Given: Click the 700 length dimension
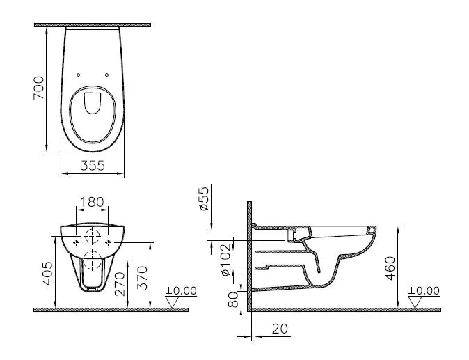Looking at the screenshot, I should click(x=40, y=88).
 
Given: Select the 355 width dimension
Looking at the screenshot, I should click(x=92, y=165).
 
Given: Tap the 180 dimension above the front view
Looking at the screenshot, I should click(x=92, y=202).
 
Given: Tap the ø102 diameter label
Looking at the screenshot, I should click(x=225, y=254).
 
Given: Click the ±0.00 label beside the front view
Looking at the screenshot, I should click(x=181, y=290).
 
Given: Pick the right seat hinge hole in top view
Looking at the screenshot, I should click(x=106, y=75).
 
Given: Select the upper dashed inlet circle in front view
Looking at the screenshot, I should click(x=92, y=235).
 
